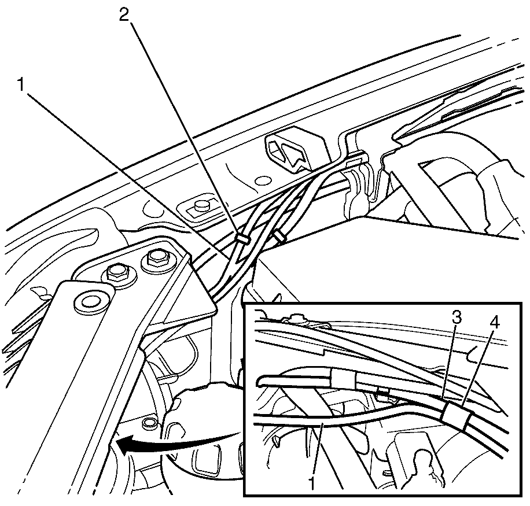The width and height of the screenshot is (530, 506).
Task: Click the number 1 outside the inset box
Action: [x=21, y=84]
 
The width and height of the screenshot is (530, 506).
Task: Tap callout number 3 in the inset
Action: [x=457, y=317]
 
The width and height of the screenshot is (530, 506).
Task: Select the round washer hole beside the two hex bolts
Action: [x=89, y=302]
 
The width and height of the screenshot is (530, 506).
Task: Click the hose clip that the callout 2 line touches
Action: [x=242, y=238]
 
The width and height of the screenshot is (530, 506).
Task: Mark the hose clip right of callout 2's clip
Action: [x=279, y=236]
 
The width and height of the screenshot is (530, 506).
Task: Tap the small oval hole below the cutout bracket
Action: [x=262, y=181]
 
